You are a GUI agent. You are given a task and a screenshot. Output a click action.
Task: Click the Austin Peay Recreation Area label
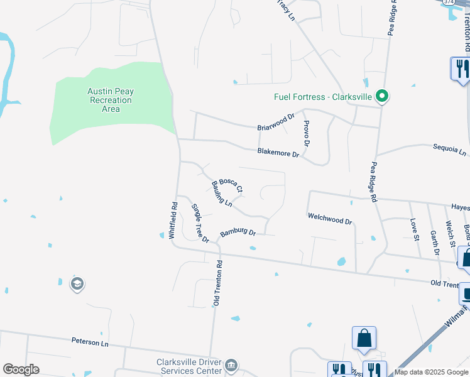pos(111,100)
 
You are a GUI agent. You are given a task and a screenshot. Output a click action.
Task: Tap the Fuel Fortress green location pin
pos(381,97)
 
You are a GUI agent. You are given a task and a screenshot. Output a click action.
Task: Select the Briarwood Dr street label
pos(276,122)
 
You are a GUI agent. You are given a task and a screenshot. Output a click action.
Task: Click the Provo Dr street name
pos(306,134)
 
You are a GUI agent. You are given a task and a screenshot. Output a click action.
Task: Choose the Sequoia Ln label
pos(450,152)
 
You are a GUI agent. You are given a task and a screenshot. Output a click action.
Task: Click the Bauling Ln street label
pos(222,194)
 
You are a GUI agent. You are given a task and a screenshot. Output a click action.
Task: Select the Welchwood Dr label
pos(330,221)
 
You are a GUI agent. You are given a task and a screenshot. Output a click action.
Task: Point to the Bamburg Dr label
pos(238,233)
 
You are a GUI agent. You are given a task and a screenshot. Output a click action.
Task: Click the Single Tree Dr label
pos(200,223)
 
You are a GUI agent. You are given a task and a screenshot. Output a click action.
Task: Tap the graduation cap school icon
pos(77,285)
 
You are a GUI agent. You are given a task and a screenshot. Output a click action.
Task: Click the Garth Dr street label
pos(434,242)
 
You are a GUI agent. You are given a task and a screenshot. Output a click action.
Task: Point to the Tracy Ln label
pos(286,10)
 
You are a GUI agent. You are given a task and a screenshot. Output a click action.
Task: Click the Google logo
pos(21,369)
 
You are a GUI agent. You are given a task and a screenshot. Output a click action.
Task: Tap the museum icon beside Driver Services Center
pos(231,365)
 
